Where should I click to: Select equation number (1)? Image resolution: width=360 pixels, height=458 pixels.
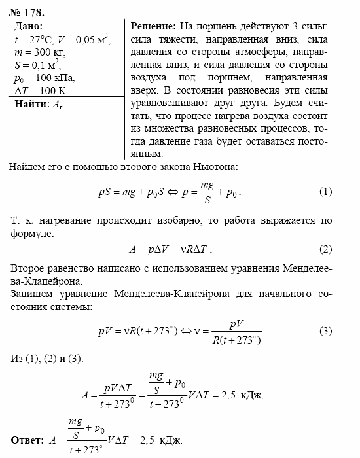click(325, 192)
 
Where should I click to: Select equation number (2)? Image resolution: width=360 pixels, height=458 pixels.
click(325, 249)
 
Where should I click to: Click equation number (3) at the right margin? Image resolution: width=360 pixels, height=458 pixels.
click(325, 331)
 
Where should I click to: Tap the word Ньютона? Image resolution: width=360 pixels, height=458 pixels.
click(214, 167)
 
